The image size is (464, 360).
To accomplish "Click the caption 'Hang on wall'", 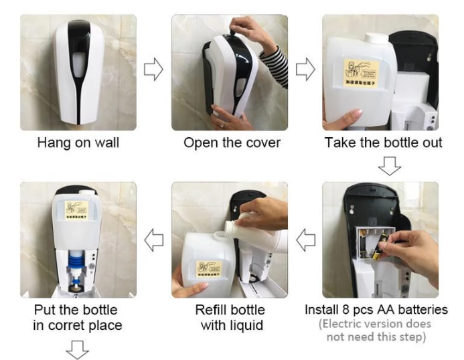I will click(x=78, y=143).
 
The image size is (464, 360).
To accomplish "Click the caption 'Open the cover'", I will click(x=232, y=143).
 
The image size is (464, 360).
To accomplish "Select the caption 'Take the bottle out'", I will click(x=383, y=143).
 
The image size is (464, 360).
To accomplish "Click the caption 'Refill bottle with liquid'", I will click(x=230, y=317).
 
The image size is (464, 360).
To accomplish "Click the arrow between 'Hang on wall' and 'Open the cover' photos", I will click(x=153, y=70).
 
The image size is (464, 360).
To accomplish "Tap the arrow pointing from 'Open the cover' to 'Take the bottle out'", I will click(x=305, y=70).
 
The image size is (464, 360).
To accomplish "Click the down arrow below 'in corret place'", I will click(x=78, y=348).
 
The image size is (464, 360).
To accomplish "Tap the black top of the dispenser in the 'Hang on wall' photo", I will click(x=78, y=30).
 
